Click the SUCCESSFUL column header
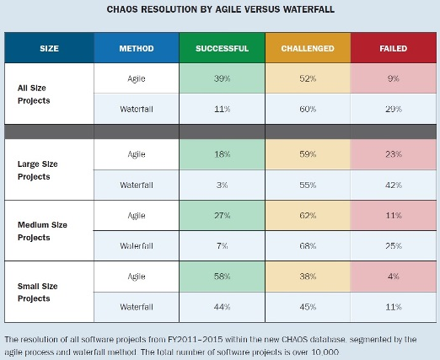[x=222, y=48]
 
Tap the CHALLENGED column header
[x=308, y=48]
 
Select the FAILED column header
[x=394, y=48]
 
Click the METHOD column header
[x=137, y=48]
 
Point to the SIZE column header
[x=49, y=48]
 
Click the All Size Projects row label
[x=34, y=94]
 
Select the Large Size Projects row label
[x=38, y=170]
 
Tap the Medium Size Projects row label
[x=42, y=231]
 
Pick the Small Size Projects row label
[x=38, y=293]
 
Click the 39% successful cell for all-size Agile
[x=222, y=78]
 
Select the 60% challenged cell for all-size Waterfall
[x=308, y=109]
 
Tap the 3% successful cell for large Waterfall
[x=222, y=185]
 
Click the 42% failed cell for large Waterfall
[x=394, y=185]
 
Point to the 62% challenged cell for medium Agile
[x=308, y=216]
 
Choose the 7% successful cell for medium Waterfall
[x=222, y=246]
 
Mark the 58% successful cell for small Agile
[x=222, y=277]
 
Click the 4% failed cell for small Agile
[x=394, y=277]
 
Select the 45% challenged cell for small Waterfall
[x=308, y=307]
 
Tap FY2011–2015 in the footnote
[x=196, y=340]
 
